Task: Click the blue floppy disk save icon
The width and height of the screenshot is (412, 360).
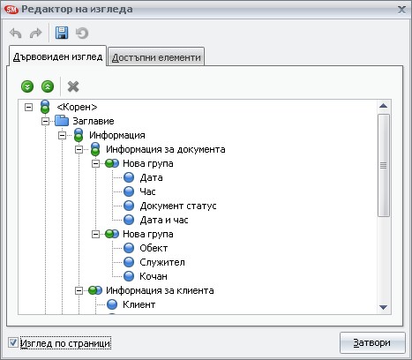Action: click(62, 33)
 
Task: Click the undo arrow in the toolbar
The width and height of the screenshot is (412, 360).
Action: click(16, 33)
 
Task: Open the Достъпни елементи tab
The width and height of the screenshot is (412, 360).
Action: click(156, 57)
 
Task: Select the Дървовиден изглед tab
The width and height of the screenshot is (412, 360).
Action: click(57, 56)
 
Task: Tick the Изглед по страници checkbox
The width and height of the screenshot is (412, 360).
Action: click(13, 342)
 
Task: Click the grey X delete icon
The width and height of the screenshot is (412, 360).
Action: click(73, 86)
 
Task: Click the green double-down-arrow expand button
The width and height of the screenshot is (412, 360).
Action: click(27, 86)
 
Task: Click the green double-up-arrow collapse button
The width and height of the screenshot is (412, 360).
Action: click(48, 86)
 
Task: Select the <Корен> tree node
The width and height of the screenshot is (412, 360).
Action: click(77, 107)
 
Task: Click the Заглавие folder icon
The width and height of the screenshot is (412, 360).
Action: click(62, 121)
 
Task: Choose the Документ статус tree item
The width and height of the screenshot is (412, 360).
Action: click(178, 206)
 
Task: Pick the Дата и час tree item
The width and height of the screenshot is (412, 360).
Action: click(164, 220)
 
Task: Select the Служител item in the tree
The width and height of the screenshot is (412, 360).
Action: click(162, 262)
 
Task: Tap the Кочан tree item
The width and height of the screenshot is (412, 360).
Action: click(154, 276)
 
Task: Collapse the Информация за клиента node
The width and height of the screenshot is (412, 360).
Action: click(79, 290)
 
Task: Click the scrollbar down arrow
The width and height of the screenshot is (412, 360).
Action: click(383, 307)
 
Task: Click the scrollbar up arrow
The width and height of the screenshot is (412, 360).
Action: click(383, 106)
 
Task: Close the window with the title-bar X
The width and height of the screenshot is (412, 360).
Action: click(401, 10)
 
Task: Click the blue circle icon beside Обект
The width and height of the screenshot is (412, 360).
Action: click(129, 248)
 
